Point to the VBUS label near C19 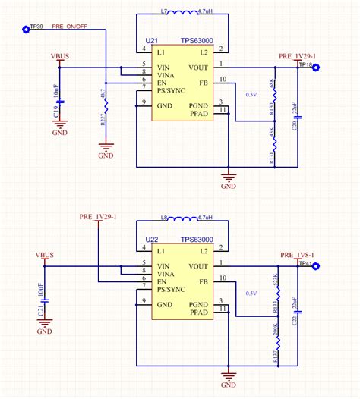pyautogui.click(x=62, y=56)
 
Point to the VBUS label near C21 pyautogui.click(x=46, y=256)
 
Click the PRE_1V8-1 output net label pyautogui.click(x=297, y=256)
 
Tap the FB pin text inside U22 pyautogui.click(x=204, y=281)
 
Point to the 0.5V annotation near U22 pyautogui.click(x=251, y=293)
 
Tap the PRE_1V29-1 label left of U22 pyautogui.click(x=96, y=217)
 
